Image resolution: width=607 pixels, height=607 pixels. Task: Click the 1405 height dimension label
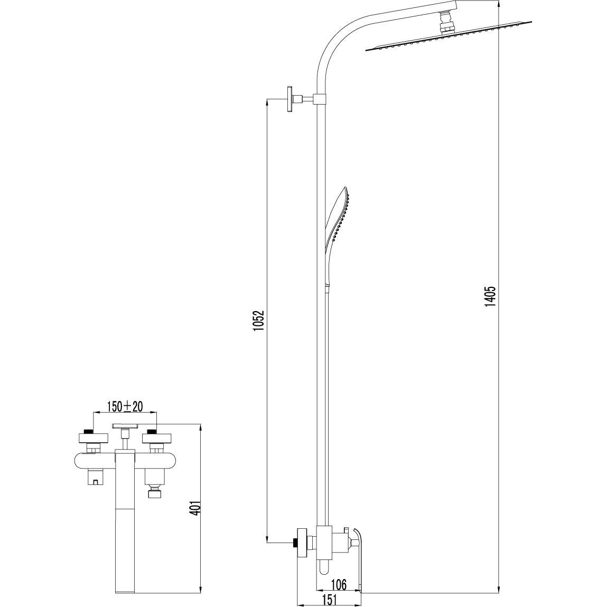[x=490, y=297]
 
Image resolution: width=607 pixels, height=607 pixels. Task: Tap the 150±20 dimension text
[x=125, y=406]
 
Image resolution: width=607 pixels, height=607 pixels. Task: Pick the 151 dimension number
[x=329, y=600]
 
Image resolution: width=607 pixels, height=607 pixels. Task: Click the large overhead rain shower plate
[x=449, y=36]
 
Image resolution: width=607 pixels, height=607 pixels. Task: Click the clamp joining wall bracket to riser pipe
[x=321, y=99]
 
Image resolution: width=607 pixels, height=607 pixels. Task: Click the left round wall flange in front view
[x=92, y=438]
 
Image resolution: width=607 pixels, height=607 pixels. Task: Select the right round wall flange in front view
[x=156, y=438]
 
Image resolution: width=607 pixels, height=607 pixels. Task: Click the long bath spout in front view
[x=125, y=515]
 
